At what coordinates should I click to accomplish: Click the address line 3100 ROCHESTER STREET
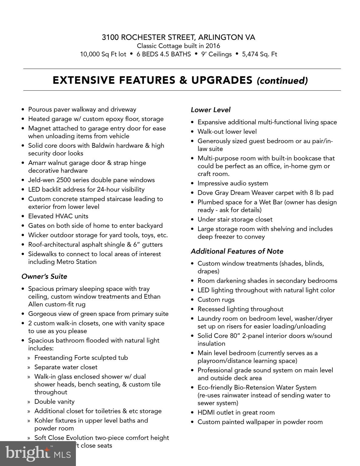[178, 37]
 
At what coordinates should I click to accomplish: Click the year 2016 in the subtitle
[212, 46]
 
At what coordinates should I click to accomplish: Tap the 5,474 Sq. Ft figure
[260, 54]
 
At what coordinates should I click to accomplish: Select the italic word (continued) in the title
[282, 81]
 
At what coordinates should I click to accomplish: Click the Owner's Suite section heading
[44, 276]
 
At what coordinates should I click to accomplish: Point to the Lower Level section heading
[211, 110]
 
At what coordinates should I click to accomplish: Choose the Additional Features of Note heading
[237, 251]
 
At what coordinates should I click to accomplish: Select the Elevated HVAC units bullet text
[58, 216]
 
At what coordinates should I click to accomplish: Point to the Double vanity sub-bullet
[54, 402]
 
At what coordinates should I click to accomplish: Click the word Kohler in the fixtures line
[44, 420]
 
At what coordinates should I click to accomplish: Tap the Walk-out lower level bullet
[227, 132]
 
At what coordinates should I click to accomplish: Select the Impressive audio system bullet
[233, 183]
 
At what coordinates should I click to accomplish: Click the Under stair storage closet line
[235, 219]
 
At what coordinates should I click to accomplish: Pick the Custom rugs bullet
[216, 300]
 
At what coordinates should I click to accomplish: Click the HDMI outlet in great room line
[236, 413]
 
